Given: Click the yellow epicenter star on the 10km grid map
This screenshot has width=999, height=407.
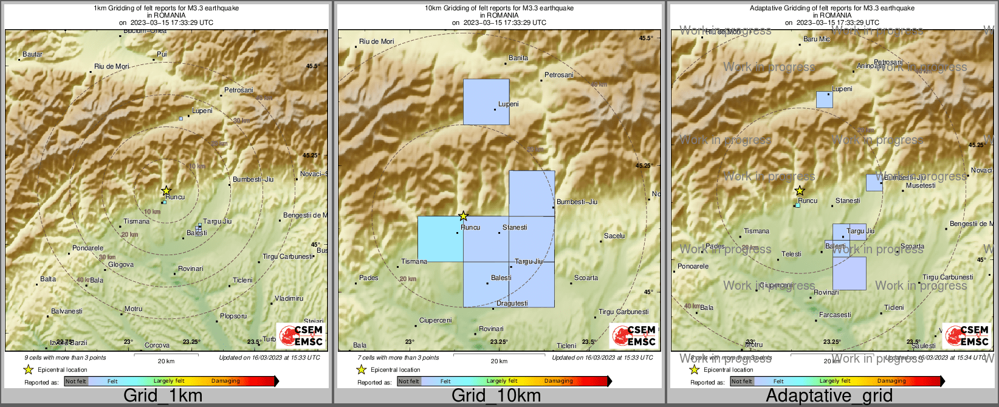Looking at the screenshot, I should point(463,216).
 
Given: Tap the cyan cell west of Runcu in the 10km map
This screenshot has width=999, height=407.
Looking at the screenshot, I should point(441,239).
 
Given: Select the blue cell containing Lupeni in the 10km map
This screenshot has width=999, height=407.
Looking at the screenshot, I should point(486,101).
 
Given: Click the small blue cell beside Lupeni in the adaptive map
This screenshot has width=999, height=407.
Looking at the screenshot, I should point(825,100).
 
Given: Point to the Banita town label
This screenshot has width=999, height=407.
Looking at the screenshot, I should point(518,58).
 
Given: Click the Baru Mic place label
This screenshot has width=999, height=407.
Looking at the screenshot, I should point(817,39).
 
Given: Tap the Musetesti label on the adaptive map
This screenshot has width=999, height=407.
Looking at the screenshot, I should point(921,186).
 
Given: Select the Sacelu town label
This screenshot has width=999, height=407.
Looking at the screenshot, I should point(614,236).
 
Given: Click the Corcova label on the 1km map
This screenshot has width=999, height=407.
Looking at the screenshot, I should point(157,346).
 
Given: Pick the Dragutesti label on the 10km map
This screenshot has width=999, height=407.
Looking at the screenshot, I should point(512,304).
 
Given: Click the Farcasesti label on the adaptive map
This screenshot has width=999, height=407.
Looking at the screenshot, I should point(835,315).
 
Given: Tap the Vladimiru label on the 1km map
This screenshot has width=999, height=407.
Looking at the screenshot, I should point(289,299).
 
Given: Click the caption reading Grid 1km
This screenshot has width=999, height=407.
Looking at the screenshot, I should point(163,396).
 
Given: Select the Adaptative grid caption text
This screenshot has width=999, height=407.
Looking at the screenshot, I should point(829,396).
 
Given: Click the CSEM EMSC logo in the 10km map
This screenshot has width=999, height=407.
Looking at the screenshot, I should point(634,336).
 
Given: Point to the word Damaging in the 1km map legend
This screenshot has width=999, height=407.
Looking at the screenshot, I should point(225,381).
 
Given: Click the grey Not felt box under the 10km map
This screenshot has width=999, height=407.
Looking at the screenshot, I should point(409,381).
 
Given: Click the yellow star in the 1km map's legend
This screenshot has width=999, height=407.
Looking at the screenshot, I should point(28,369).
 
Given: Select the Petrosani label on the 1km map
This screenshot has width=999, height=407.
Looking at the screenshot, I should point(238,91).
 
